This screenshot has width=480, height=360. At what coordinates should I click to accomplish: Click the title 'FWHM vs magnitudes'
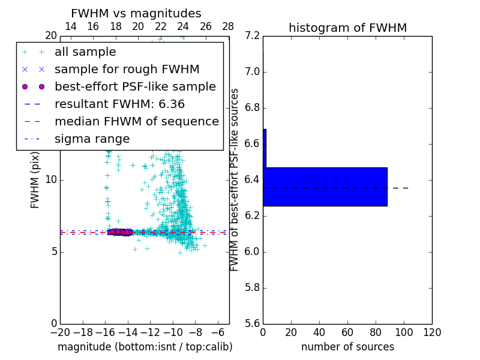point(136,14)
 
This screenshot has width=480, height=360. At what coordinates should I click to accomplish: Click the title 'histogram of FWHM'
point(347,28)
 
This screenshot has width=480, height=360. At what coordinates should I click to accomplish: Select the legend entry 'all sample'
point(85,52)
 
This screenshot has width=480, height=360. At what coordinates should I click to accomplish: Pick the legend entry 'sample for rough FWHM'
point(127,70)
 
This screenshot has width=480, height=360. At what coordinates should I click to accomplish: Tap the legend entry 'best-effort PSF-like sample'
point(135,86)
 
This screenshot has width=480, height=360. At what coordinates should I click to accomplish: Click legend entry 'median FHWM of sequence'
point(136,121)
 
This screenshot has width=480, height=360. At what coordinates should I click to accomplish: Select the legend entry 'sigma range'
point(92,139)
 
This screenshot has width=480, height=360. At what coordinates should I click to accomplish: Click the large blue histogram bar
point(325,187)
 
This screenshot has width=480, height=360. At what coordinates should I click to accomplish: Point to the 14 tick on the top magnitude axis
point(70,26)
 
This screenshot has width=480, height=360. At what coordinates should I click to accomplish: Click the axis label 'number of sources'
point(347,347)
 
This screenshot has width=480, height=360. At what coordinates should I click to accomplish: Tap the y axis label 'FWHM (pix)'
point(35,180)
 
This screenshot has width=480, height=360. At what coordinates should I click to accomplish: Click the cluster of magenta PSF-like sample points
point(120,232)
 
